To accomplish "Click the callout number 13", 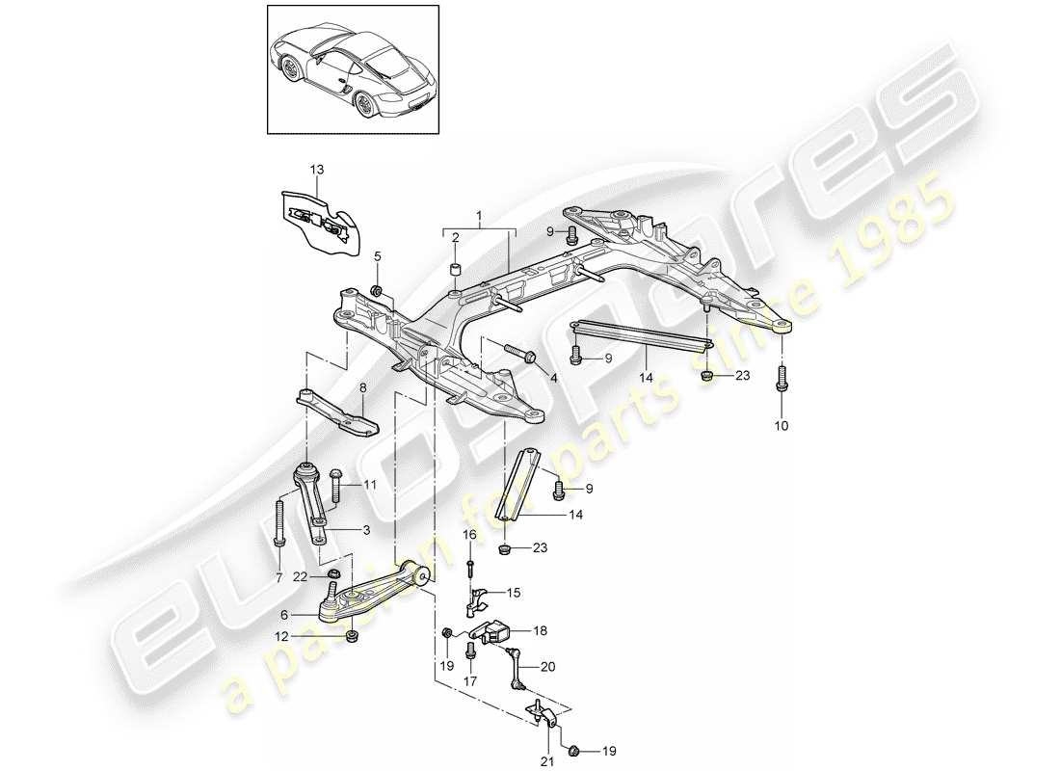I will (291, 170).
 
